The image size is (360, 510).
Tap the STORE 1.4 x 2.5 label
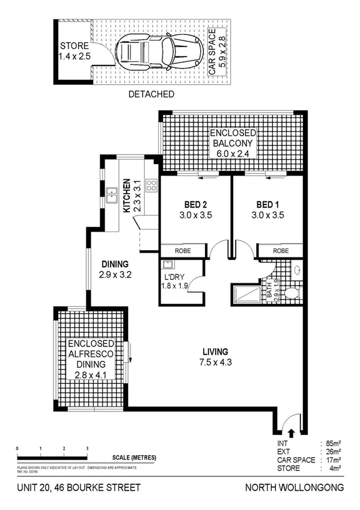pyautogui.click(x=74, y=51)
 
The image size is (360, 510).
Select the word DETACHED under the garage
pyautogui.click(x=151, y=94)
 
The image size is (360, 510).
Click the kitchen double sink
pyautogui.click(x=112, y=194)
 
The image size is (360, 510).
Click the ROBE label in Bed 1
pyautogui.click(x=280, y=250)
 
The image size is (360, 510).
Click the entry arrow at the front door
pyautogui.click(x=291, y=431)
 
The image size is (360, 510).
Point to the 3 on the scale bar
pyautogui.click(x=87, y=449)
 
